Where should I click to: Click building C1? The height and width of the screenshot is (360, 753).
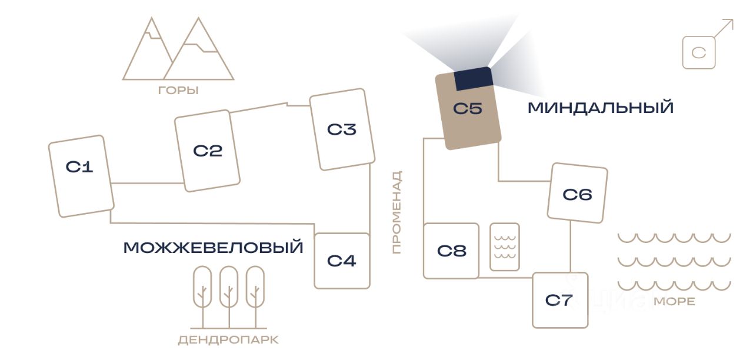coord(81,176)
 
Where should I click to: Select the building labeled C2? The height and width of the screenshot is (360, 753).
coord(207,151)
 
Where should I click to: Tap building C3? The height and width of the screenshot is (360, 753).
coord(342,129)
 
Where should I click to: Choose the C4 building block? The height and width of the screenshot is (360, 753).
coord(342,261)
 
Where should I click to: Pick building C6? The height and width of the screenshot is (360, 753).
coord(577,194)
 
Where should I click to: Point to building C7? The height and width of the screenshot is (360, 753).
coord(559,300)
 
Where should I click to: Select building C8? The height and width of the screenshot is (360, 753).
coord(451,251)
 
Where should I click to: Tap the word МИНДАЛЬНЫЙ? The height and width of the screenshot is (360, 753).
coord(600,108)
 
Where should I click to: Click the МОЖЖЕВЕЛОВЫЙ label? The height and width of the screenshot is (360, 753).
coord(213,248)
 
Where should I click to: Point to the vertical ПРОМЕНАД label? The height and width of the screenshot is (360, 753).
coord(397,212)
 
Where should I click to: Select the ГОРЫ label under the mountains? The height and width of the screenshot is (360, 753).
coord(178,91)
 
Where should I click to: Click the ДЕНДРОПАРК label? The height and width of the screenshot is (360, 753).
coord(228,341)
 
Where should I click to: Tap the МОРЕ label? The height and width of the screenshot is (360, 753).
coord(674,302)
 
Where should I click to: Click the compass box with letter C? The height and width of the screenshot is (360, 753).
coord(699,53)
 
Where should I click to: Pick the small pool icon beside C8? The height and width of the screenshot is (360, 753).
coord(504,246)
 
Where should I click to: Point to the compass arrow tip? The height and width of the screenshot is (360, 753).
coord(732,21)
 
